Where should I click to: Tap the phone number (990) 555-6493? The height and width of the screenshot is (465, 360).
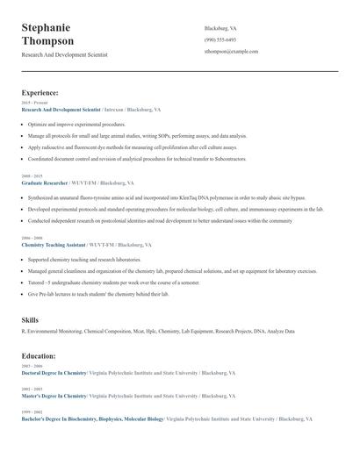point(220,39)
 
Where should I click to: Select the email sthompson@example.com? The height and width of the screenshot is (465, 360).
point(231,52)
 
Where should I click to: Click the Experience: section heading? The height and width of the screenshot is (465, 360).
point(40,92)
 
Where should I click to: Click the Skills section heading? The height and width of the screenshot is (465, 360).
point(30,321)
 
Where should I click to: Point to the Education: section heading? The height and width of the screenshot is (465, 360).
point(39,356)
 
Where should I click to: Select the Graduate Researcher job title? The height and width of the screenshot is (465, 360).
point(45,183)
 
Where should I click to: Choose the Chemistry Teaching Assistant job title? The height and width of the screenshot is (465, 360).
point(54,245)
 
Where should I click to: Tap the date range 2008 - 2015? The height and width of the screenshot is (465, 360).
point(31,176)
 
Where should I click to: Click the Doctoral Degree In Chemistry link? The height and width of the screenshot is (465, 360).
point(54,373)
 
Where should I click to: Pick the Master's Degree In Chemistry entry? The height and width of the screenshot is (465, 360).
point(54,396)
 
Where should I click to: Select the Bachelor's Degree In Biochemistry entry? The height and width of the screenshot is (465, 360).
point(92,419)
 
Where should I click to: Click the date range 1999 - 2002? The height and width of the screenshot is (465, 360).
point(31,411)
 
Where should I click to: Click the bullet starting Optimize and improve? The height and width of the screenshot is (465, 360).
point(76,125)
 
